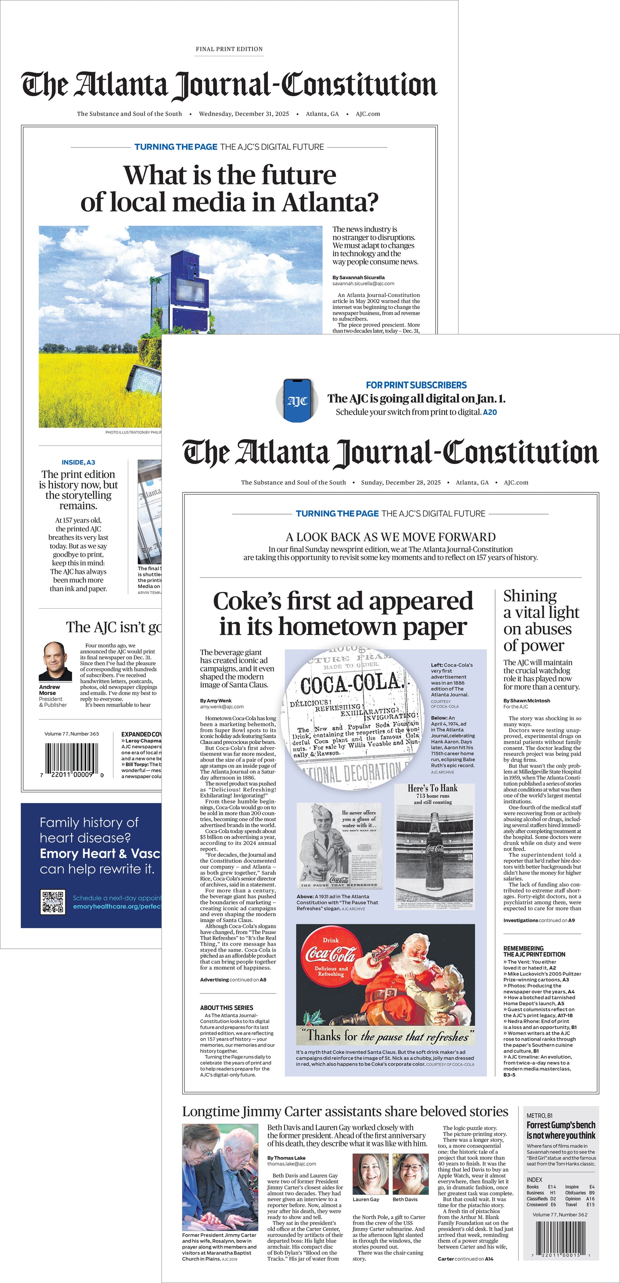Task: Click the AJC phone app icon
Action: tap(297, 400)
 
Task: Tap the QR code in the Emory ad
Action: tap(52, 901)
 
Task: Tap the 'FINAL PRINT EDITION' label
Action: tap(229, 49)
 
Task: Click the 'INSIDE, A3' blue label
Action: tap(78, 462)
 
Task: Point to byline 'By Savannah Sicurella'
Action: tap(359, 277)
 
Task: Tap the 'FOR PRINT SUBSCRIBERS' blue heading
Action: tap(416, 385)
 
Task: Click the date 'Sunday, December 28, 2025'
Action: tap(400, 482)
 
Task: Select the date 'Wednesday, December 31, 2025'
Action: tap(244, 114)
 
